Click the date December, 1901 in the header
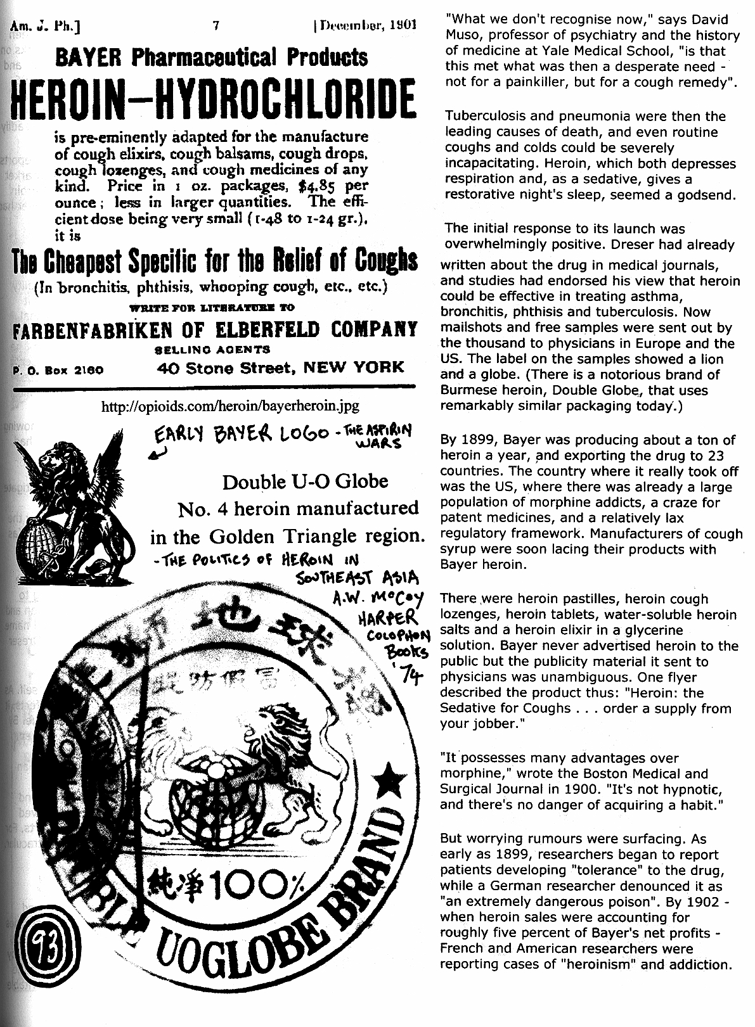(x=365, y=26)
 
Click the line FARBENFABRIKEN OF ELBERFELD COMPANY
(x=216, y=329)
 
